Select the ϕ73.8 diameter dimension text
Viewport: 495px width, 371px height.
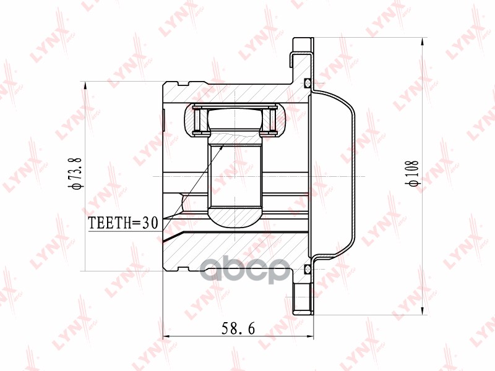[x=75, y=176]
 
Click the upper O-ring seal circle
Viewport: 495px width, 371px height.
[x=308, y=83]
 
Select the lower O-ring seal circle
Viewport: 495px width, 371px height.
[x=308, y=268]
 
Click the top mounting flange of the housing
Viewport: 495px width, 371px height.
[x=301, y=53]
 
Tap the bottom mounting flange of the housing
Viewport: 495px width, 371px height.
[x=301, y=300]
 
